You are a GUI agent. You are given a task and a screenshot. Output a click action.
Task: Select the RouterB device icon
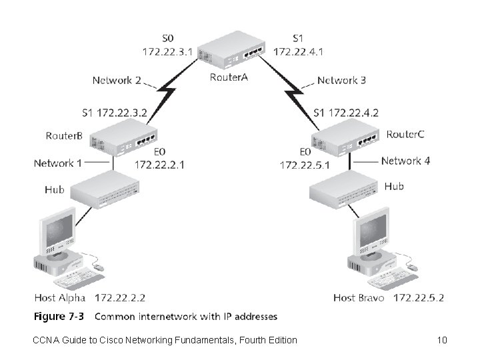123,138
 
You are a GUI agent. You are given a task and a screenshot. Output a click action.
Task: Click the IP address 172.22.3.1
169,50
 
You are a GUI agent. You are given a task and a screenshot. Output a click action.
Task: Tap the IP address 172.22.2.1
160,164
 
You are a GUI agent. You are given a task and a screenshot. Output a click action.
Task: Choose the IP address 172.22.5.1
305,164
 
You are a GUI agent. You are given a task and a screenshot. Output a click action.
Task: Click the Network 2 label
117,80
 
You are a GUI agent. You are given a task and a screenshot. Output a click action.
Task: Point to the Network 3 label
341,80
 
